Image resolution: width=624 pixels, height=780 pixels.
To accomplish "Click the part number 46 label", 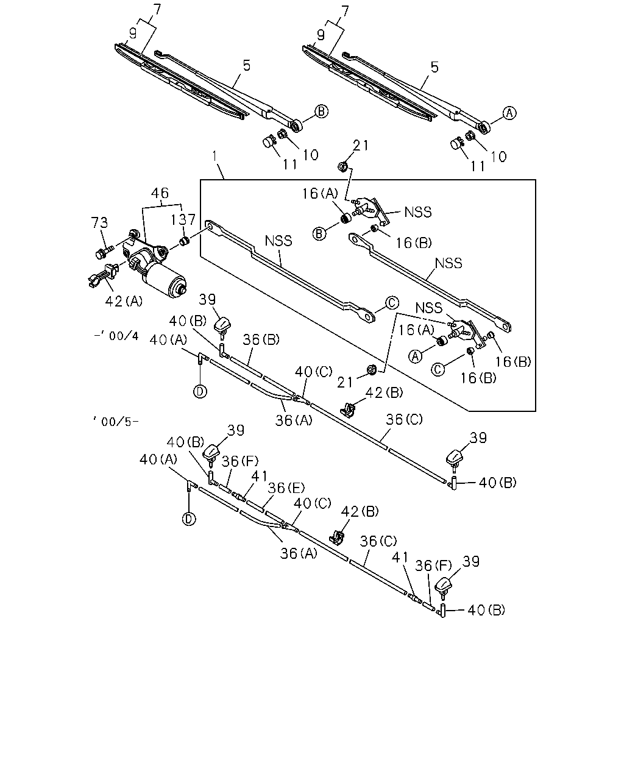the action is coord(160,193).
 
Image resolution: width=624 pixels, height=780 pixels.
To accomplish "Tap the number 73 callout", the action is coord(99,222).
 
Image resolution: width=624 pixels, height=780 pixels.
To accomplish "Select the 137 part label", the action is coord(183,219).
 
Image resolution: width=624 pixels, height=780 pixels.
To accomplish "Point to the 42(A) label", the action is coord(124,301).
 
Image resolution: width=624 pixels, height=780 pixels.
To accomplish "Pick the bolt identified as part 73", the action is coord(104,251).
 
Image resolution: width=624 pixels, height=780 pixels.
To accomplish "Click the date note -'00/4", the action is coord(116,336).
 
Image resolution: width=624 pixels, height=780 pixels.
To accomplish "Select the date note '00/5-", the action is coord(116,421).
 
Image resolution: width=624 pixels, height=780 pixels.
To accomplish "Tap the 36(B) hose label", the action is coord(261,339).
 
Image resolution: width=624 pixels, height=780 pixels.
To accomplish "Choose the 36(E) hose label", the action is coord(286,488).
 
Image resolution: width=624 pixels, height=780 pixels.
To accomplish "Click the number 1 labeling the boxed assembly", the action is coord(214,157).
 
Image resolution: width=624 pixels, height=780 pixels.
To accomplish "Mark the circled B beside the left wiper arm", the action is coord(321,112).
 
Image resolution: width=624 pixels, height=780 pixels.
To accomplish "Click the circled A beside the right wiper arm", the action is coord(509,113).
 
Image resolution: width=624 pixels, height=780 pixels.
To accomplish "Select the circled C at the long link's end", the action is coord(392,303).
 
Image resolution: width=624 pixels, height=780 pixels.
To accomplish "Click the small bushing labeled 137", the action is coord(185,241).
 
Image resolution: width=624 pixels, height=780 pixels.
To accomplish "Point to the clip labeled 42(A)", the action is coord(104,276).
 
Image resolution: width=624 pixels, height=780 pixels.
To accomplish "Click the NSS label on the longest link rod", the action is coord(278,241).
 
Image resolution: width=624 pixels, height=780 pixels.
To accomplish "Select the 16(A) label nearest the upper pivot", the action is coord(320,194).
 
